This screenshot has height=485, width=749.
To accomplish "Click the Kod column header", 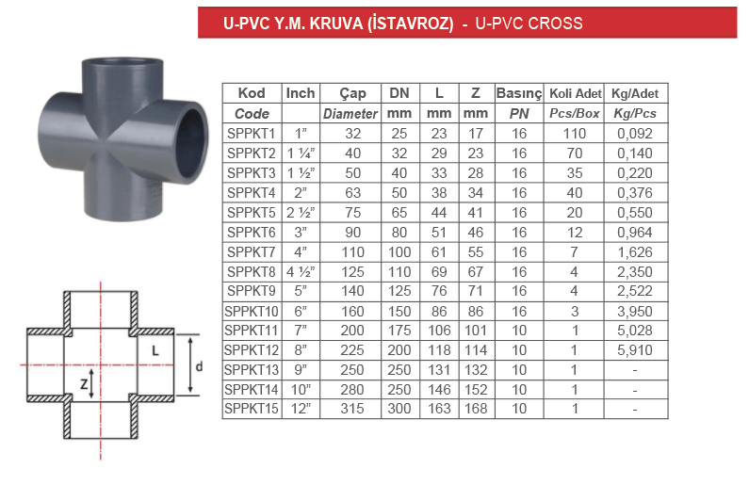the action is pyautogui.click(x=252, y=93).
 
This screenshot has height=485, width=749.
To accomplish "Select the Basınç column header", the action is pyautogui.click(x=519, y=93).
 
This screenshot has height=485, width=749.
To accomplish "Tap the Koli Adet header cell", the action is pyautogui.click(x=575, y=93).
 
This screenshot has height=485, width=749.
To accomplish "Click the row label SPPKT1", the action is pyautogui.click(x=252, y=134).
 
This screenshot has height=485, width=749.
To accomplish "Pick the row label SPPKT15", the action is pyautogui.click(x=252, y=409).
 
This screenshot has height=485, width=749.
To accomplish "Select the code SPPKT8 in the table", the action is pyautogui.click(x=252, y=271).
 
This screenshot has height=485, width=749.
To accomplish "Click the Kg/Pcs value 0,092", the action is pyautogui.click(x=635, y=134).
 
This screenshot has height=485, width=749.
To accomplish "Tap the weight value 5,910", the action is pyautogui.click(x=635, y=350).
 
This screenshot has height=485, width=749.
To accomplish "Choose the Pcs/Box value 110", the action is pyautogui.click(x=574, y=134).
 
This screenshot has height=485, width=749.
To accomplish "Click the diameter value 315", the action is pyautogui.click(x=352, y=409).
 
